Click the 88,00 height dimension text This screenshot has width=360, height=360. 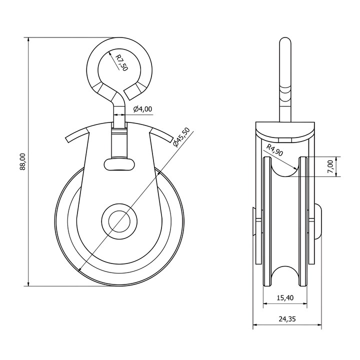[22, 162]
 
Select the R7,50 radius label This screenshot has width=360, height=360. [121, 62]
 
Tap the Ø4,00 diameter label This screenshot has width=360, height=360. [142, 109]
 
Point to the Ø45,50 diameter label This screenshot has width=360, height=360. [182, 137]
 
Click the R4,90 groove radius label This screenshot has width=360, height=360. [274, 150]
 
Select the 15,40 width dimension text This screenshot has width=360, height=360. [285, 298]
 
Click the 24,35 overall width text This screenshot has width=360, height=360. [287, 318]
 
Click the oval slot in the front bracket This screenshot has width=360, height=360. [119, 164]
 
